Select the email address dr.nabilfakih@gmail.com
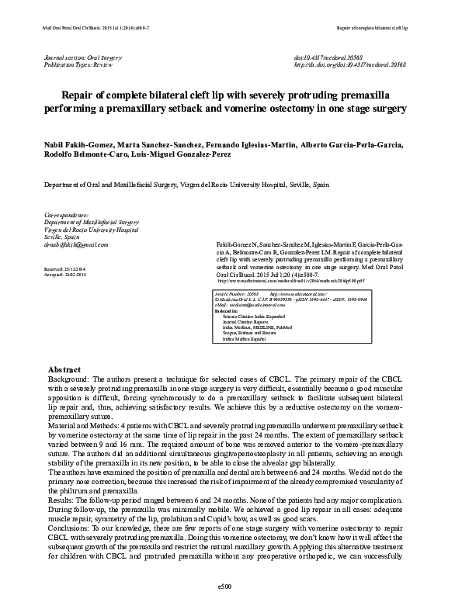[x=78, y=244]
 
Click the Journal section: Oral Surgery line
[x=85, y=59]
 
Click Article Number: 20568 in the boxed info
[x=236, y=296]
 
